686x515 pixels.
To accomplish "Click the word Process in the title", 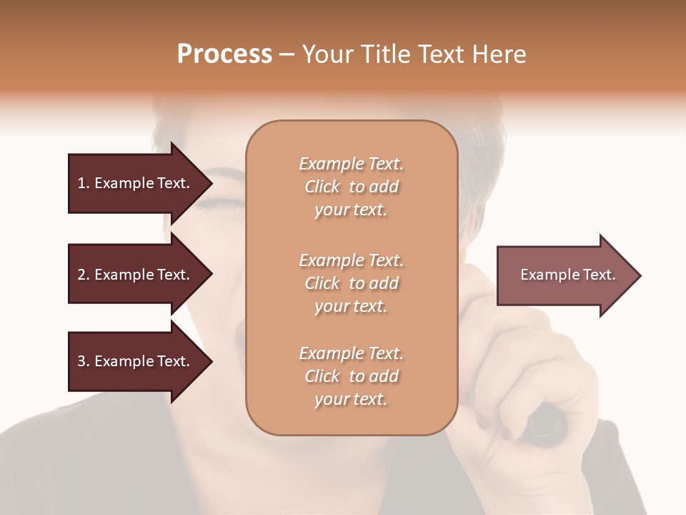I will (x=224, y=54).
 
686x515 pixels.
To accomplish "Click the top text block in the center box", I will (x=351, y=187).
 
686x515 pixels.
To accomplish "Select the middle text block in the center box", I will (x=351, y=283).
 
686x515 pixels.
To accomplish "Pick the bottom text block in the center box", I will (x=351, y=376).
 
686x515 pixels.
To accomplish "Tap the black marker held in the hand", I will (x=547, y=422).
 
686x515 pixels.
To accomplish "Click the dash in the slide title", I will (x=287, y=55).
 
